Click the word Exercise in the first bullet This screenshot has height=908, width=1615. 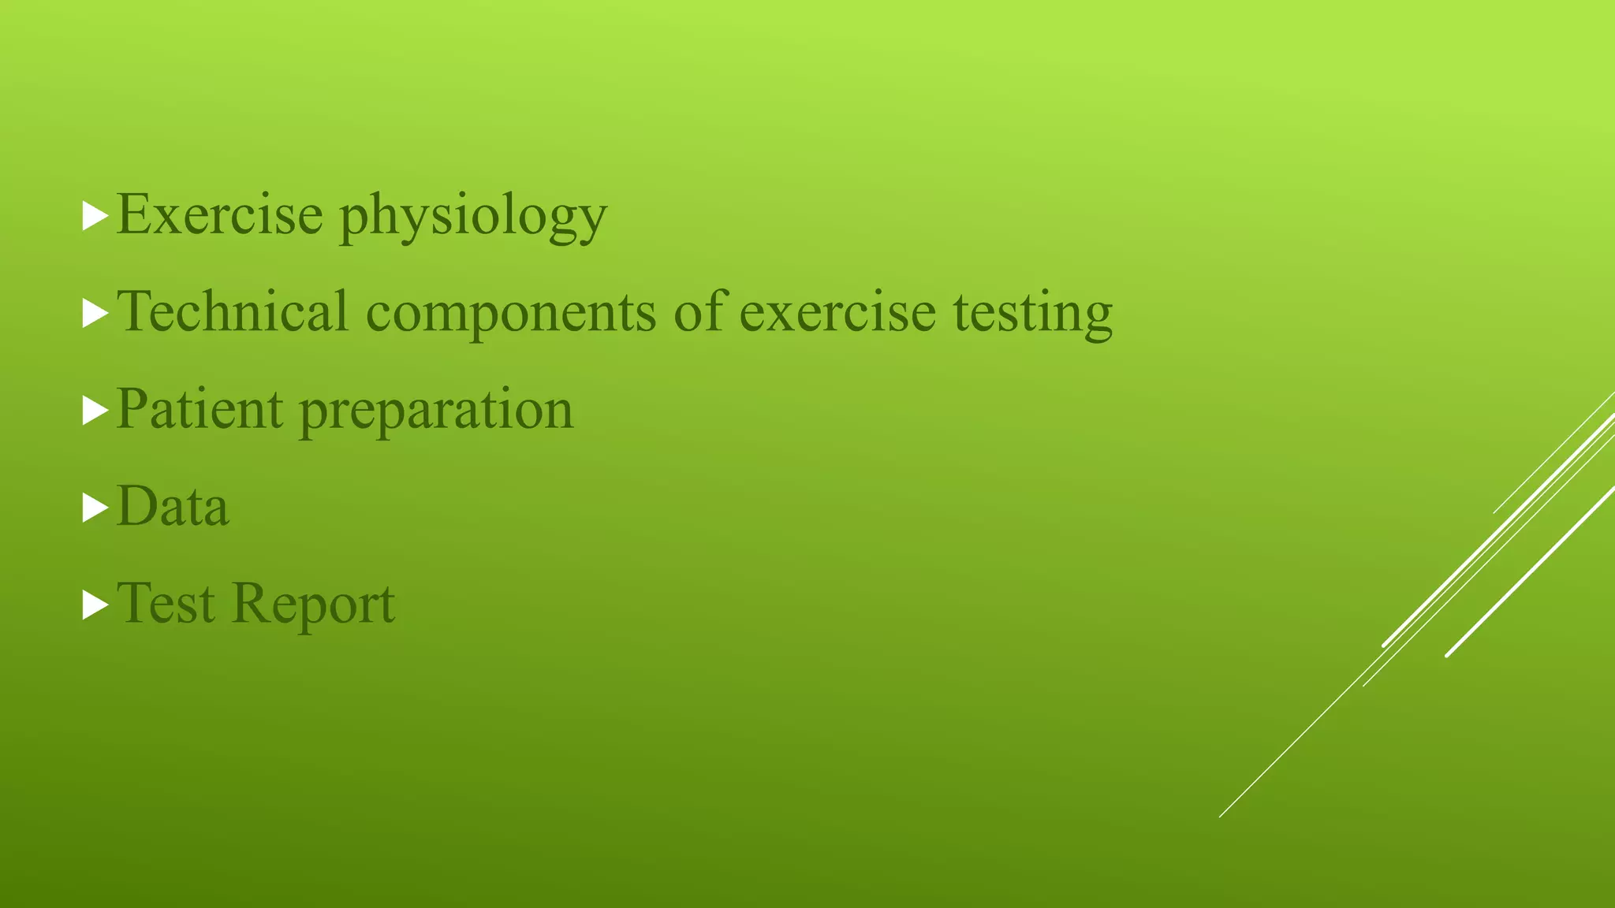[219, 214]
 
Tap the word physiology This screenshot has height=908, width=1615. [473, 217]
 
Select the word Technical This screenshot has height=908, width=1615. [232, 311]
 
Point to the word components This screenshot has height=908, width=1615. [510, 314]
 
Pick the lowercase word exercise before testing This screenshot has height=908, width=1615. [837, 312]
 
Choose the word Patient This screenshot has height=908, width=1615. [200, 409]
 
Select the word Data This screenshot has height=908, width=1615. [173, 506]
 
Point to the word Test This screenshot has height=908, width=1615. [166, 604]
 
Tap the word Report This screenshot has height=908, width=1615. [314, 605]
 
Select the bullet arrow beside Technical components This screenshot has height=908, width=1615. [95, 314]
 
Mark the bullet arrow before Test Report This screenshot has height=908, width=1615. [95, 605]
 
